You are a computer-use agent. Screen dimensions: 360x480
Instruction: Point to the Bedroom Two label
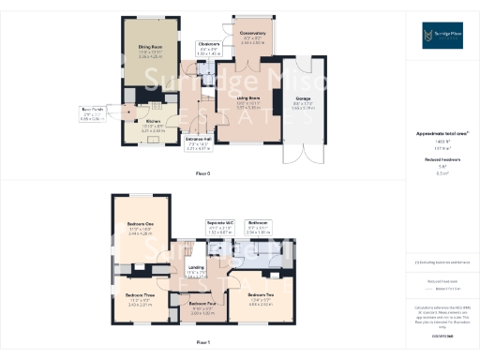pyautogui.click(x=260, y=302)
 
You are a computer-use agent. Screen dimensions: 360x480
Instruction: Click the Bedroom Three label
pyautogui.click(x=139, y=302)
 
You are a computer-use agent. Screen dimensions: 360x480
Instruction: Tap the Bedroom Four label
pyautogui.click(x=202, y=309)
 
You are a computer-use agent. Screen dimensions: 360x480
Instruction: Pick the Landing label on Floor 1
pyautogui.click(x=197, y=274)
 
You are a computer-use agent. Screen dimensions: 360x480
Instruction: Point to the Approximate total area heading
pyautogui.click(x=442, y=134)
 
